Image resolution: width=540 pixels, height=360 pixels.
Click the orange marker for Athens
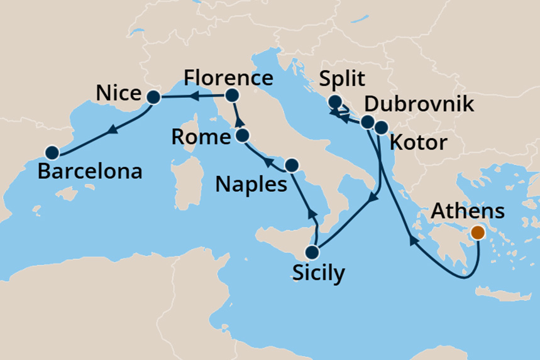pyautogui.click(x=478, y=232)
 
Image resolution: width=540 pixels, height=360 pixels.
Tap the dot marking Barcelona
pyautogui.click(x=52, y=152)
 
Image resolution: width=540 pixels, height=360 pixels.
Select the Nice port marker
pyautogui.click(x=153, y=97)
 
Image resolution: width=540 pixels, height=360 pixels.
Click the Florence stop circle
pyautogui.click(x=232, y=95)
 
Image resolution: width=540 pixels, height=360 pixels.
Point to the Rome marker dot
pyautogui.click(x=243, y=135)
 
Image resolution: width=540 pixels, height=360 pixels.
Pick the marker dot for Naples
pyautogui.click(x=291, y=165)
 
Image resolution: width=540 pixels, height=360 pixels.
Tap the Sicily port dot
pyautogui.click(x=312, y=253)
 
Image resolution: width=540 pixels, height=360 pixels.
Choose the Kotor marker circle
pyautogui.click(x=382, y=128)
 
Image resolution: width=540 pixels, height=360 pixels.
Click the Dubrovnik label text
pyautogui.click(x=419, y=104)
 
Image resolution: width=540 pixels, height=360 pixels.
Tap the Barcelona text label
pyautogui.click(x=90, y=171)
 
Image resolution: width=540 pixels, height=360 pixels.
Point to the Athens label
pyautogui.click(x=470, y=209)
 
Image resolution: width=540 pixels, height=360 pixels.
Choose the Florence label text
pyautogui.click(x=228, y=79)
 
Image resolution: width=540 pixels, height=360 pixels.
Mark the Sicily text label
pyautogui.click(x=318, y=274)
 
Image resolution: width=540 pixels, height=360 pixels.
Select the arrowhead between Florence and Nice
pyautogui.click(x=195, y=96)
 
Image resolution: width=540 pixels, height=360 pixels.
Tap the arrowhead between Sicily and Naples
pyautogui.click(x=311, y=214)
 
